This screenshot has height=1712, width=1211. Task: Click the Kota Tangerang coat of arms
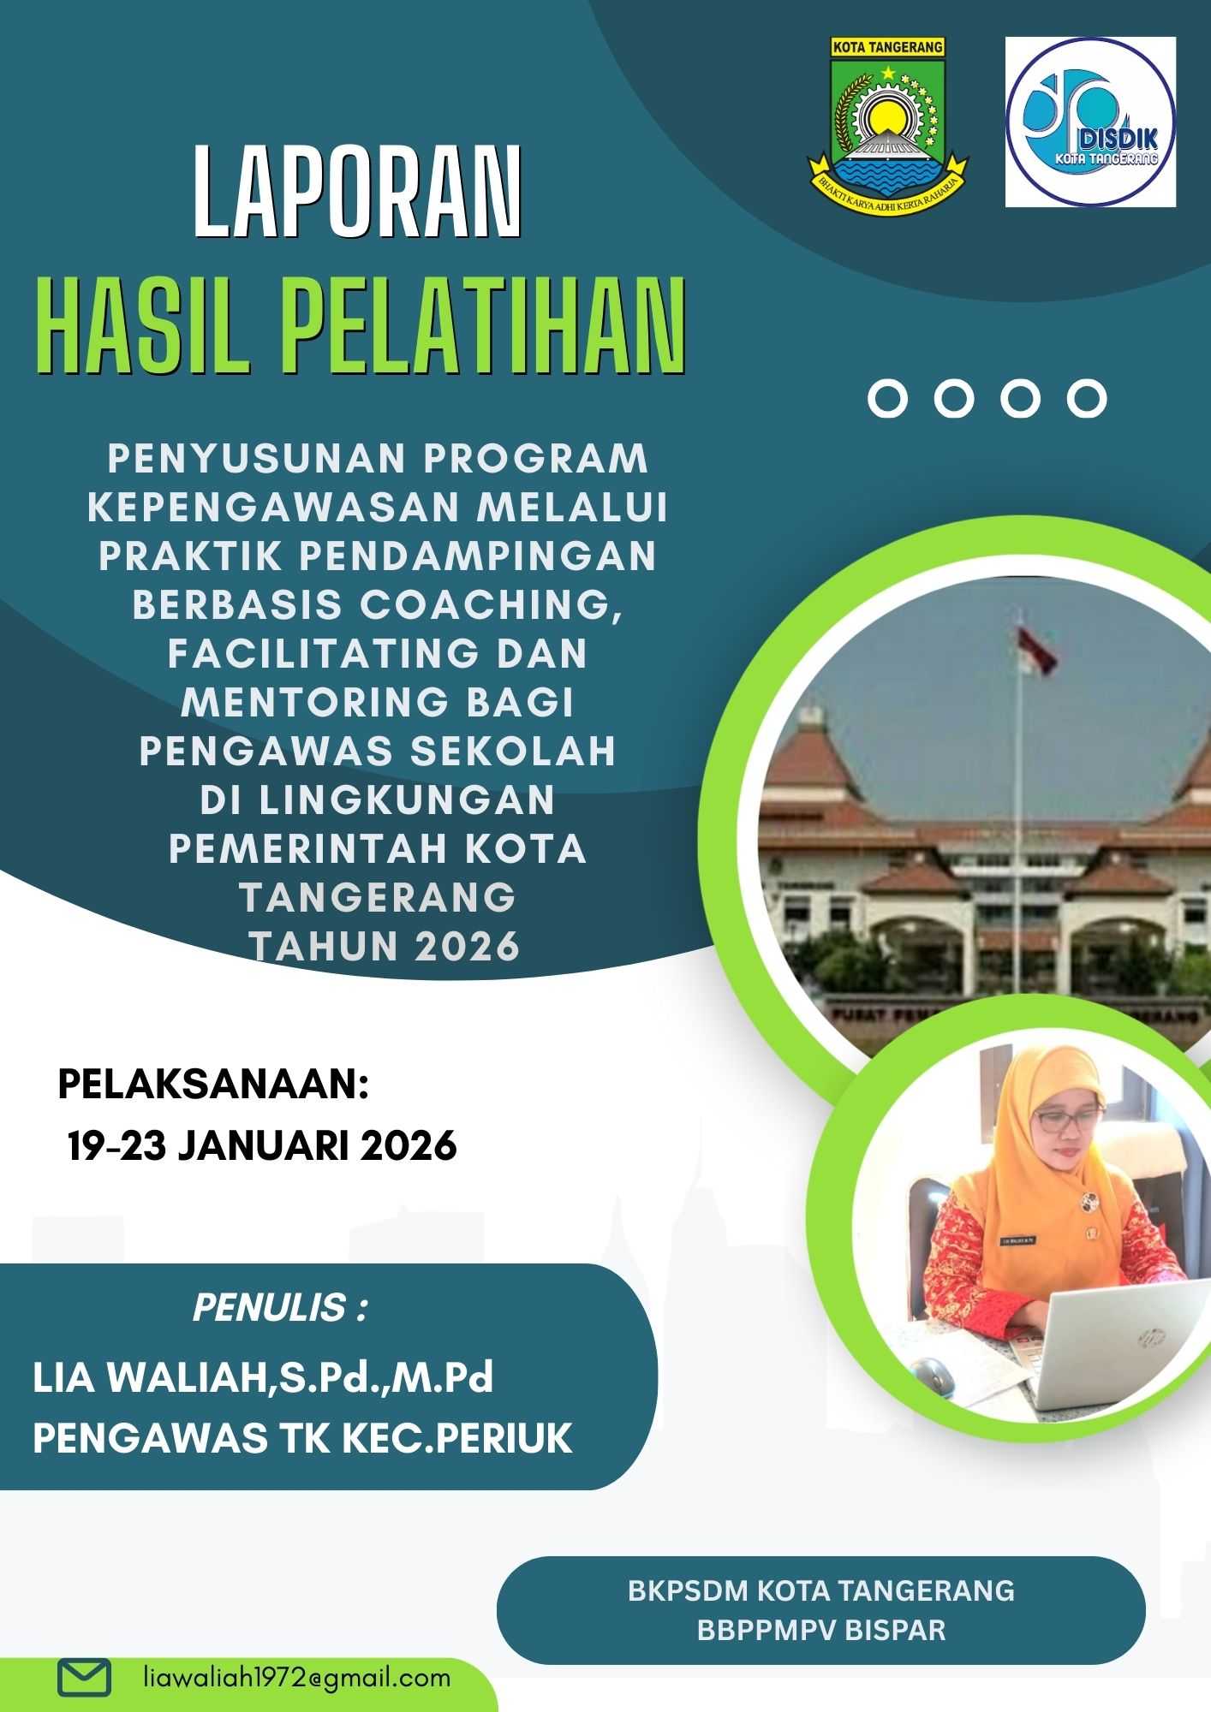point(887,124)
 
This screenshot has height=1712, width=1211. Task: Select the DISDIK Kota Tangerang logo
point(1090,122)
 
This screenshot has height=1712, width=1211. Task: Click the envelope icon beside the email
point(84,1678)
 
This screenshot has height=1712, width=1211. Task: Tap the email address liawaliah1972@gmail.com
point(296,1677)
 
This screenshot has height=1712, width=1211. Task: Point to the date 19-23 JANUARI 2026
point(262,1145)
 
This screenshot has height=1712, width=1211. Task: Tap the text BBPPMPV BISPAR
point(821,1630)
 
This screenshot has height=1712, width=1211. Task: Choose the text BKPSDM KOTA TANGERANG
point(821,1590)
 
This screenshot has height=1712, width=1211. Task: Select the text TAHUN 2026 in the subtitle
point(385,947)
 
